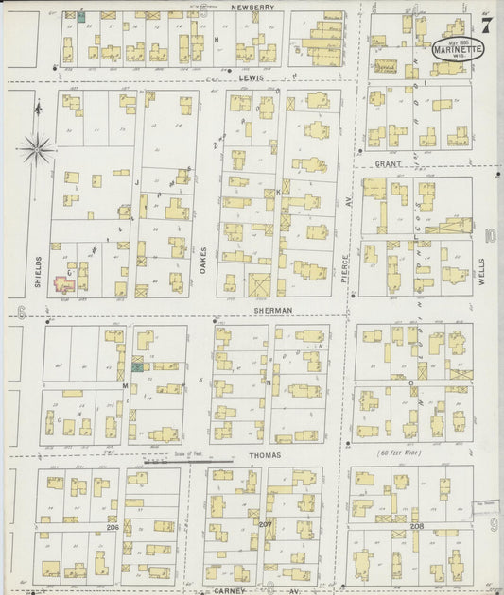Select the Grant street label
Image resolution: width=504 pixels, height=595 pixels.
(x=388, y=164)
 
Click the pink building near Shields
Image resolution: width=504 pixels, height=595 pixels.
(x=64, y=283)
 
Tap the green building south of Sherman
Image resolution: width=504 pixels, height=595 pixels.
(x=138, y=366)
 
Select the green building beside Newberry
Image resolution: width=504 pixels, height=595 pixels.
(x=80, y=16)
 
